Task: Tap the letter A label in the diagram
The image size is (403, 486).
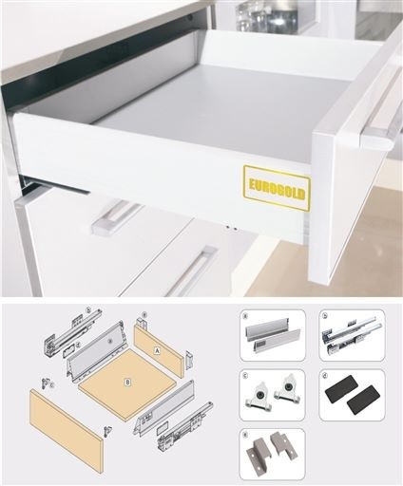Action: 156,349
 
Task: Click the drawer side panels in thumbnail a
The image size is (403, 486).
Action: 273,336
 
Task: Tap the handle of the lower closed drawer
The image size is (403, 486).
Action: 191,271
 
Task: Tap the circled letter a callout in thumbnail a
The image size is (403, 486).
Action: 246,315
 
